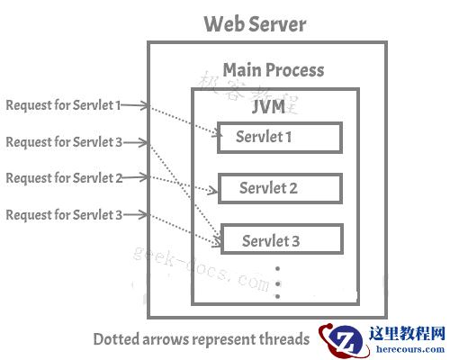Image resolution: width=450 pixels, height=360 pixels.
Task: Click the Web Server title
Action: coord(255,24)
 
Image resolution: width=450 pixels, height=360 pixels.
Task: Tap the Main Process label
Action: coord(273,70)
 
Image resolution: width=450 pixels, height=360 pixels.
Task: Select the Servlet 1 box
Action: coord(279,138)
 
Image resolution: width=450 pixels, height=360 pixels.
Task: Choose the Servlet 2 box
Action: coord(279,189)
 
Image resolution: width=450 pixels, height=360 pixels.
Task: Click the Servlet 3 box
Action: coord(279,240)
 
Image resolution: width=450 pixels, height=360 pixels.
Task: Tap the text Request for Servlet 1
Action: coord(63,105)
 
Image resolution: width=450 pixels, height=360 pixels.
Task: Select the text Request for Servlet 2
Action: coord(63,178)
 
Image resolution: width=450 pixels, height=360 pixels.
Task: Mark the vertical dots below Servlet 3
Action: coord(278,283)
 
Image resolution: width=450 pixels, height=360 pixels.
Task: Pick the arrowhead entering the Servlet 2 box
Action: coord(215,190)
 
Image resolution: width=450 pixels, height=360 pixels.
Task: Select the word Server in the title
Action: coord(278,24)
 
